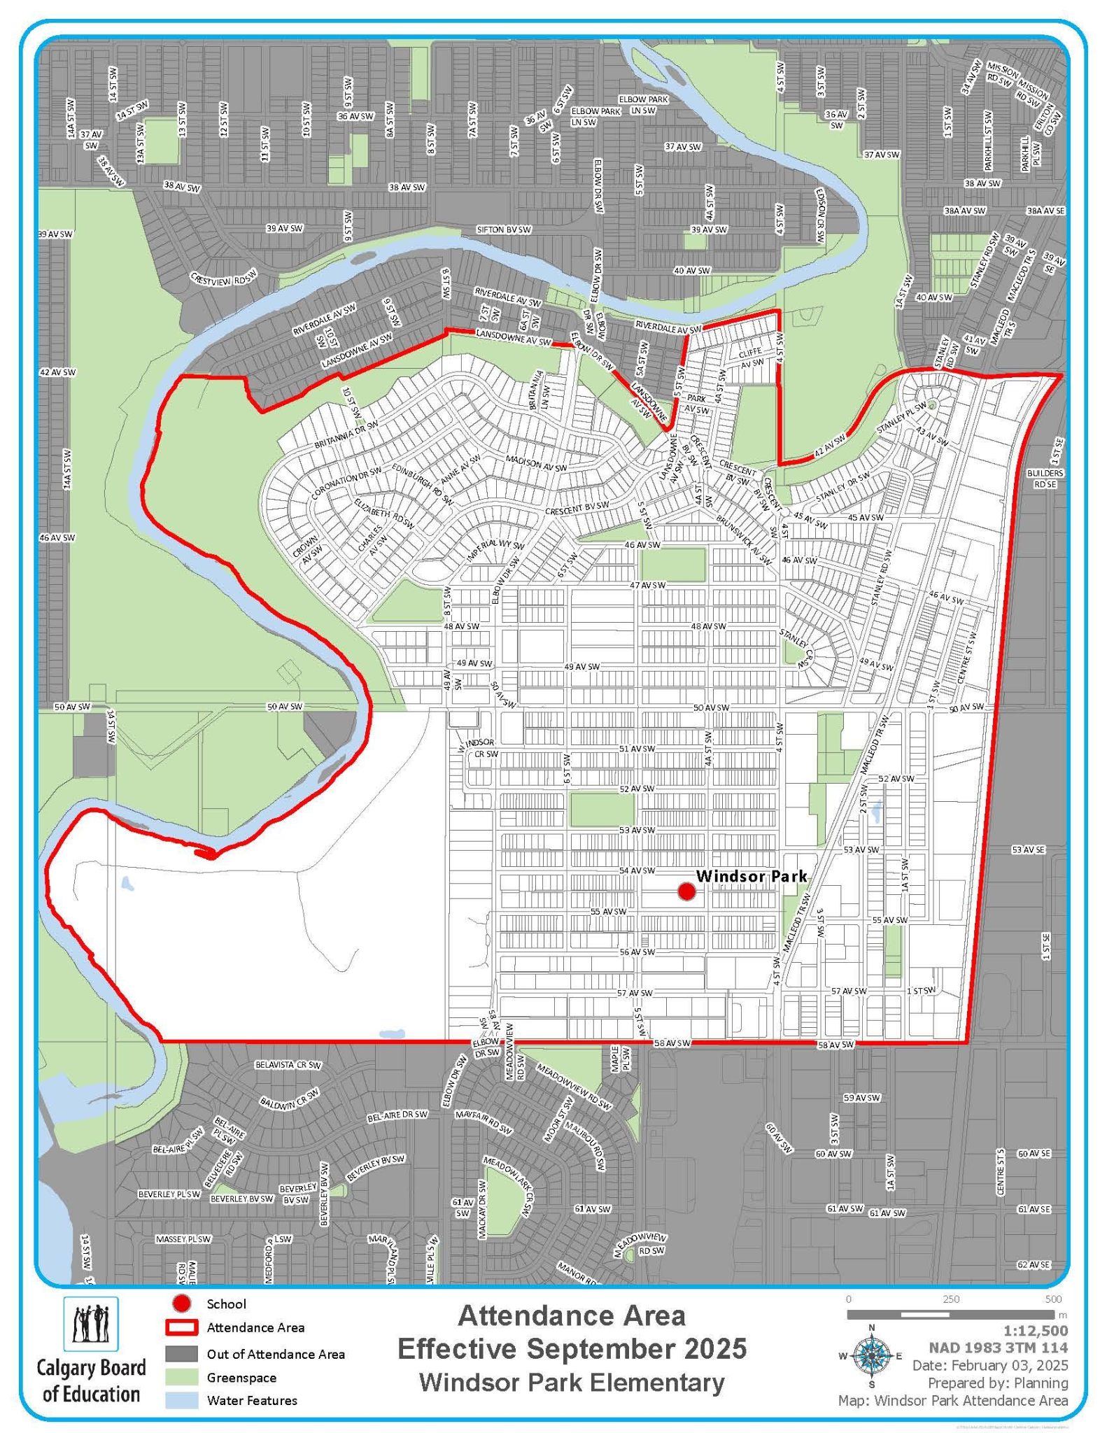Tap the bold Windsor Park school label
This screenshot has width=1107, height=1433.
coord(752,876)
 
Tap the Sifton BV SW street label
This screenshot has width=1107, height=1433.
coord(504,230)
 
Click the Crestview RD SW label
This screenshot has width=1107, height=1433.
coord(225,278)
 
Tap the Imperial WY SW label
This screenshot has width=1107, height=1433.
coord(495,551)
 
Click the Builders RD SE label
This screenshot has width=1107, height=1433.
coord(1045,479)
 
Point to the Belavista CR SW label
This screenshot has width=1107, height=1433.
coord(288,1065)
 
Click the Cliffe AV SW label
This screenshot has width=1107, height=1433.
coord(751,358)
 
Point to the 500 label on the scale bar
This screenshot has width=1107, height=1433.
coord(1052,1299)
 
